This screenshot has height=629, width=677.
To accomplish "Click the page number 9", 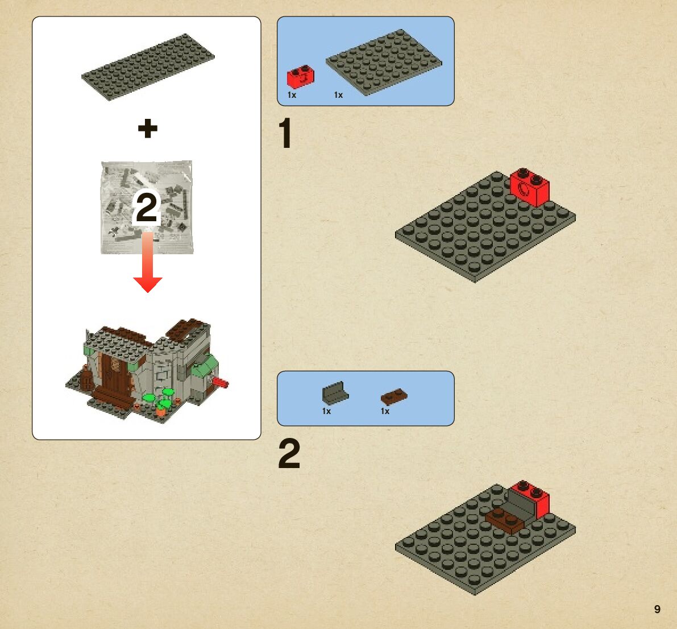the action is [x=657, y=609].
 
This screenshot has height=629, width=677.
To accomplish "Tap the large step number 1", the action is [x=285, y=133].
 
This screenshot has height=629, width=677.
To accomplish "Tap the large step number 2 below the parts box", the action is [x=289, y=453].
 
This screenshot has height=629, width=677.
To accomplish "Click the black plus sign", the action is [x=148, y=129].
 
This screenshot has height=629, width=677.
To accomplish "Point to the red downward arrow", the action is [x=148, y=262].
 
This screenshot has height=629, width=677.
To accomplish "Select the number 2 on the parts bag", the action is [x=147, y=208].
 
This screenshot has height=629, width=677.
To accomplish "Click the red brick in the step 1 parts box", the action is [x=301, y=76].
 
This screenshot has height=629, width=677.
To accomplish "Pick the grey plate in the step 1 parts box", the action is [x=384, y=62].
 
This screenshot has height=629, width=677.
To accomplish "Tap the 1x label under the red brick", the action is [x=292, y=95].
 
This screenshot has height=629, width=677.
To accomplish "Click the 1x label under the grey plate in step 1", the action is [x=339, y=95].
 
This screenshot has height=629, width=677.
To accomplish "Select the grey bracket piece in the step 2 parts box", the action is [x=335, y=392].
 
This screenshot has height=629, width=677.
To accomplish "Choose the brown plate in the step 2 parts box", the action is [x=394, y=396].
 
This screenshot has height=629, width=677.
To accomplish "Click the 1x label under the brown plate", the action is [x=385, y=411].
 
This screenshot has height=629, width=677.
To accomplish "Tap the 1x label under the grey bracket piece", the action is [x=326, y=411].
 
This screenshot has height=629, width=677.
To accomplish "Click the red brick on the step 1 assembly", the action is [x=529, y=188].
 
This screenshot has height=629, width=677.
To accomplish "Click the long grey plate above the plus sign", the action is [x=148, y=67].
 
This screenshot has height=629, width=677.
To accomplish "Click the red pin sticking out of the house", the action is [x=220, y=382].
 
